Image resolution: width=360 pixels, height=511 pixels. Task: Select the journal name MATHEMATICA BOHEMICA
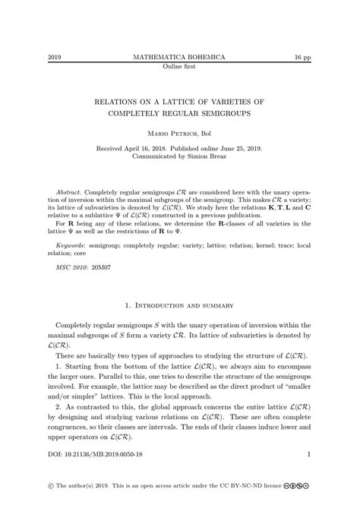tap(180, 57)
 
